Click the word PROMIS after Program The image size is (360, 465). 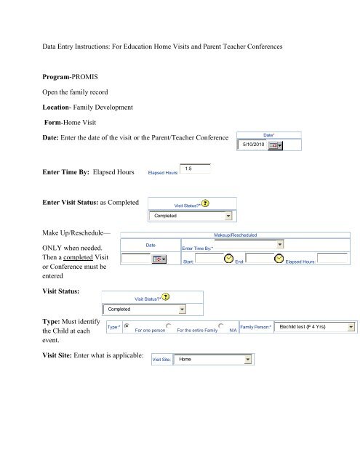85,77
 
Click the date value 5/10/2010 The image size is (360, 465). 253,145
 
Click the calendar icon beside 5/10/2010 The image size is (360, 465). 275,145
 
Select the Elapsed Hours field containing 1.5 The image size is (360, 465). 196,169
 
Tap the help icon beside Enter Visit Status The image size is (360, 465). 205,203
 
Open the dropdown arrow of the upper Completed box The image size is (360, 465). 228,216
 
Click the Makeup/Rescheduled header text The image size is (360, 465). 236,235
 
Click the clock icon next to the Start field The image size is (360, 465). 228,259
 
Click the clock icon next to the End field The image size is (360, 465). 279,259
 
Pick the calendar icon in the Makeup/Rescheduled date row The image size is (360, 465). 159,259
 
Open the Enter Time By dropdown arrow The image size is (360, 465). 280,244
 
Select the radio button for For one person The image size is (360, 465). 127,325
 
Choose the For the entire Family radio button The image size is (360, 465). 169,325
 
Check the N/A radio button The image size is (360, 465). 221,325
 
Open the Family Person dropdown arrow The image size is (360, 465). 351,327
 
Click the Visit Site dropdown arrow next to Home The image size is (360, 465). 247,360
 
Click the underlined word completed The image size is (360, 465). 78,257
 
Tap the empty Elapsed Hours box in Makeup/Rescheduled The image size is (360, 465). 332,259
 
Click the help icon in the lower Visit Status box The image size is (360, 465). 166,297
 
